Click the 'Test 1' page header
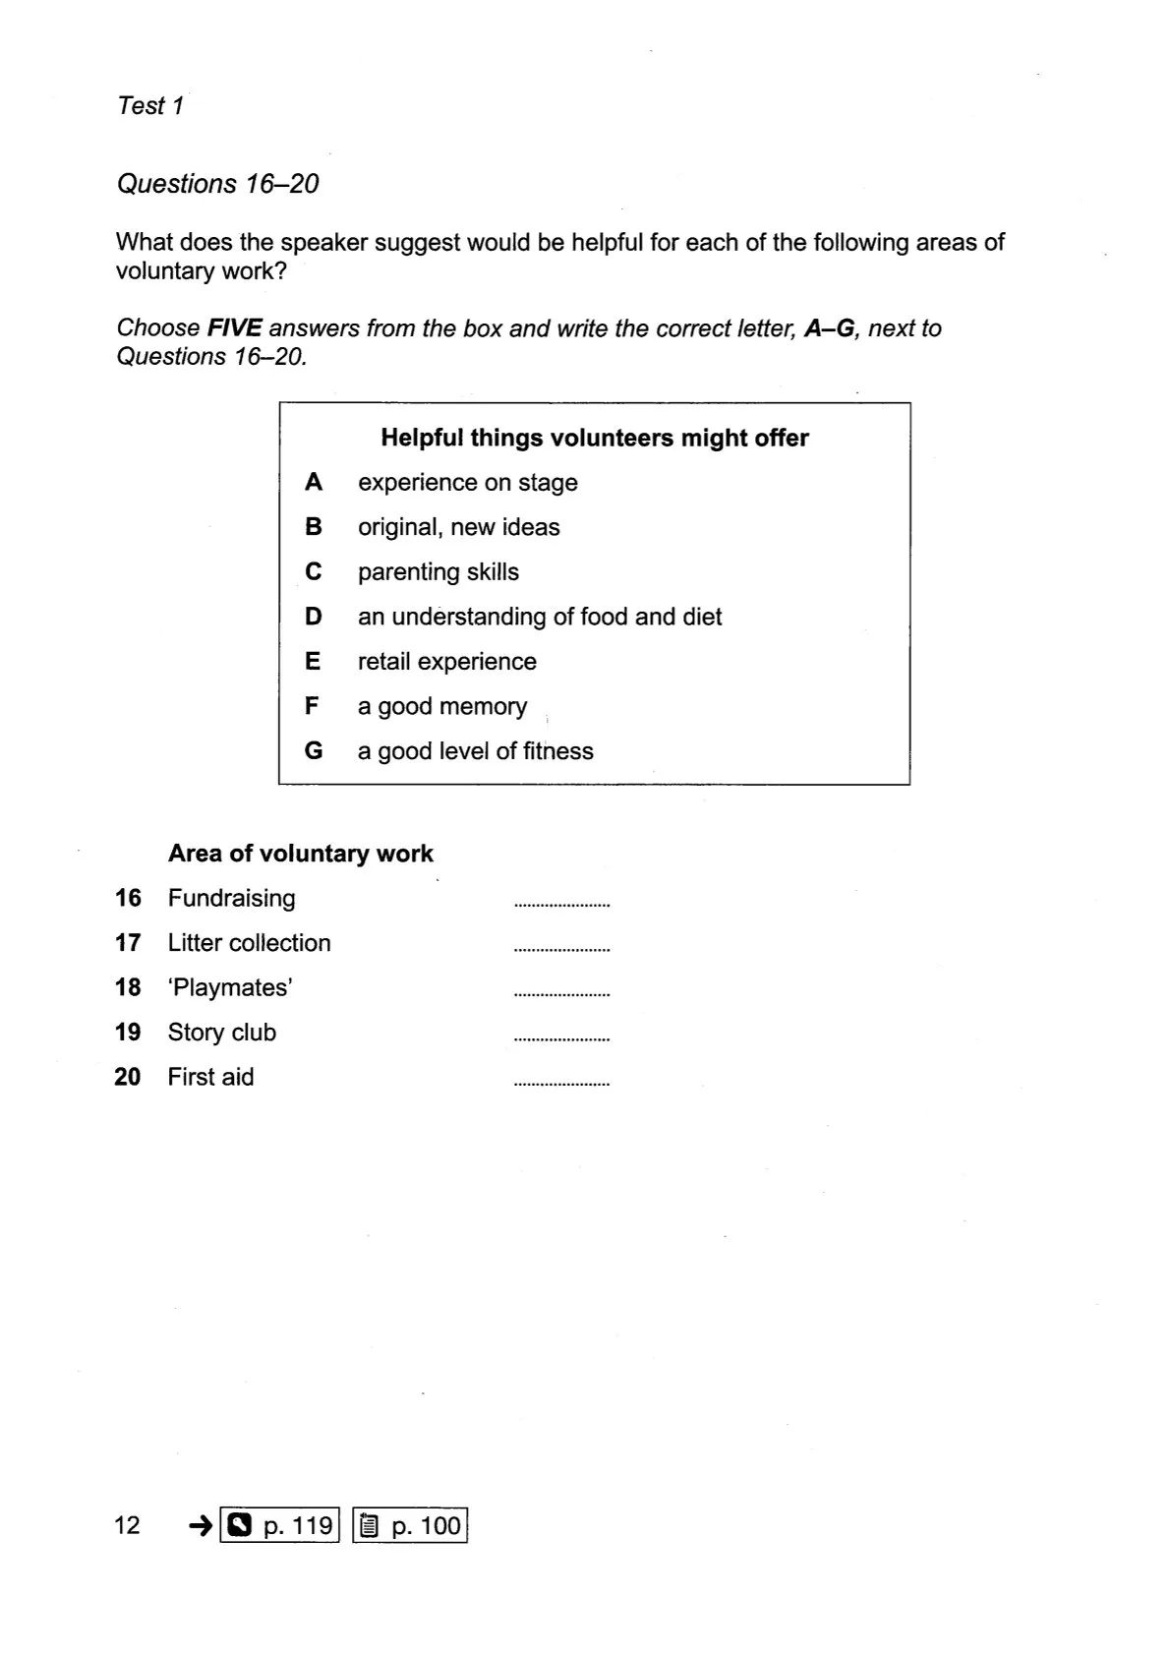click(150, 105)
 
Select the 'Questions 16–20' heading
click(217, 184)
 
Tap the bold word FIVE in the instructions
click(234, 328)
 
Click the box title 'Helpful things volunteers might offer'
click(594, 438)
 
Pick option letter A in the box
click(314, 482)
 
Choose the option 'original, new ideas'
click(458, 527)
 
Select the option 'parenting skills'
click(438, 571)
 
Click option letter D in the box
click(314, 617)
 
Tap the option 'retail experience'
click(446, 661)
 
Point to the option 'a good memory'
click(441, 706)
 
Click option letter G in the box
click(314, 751)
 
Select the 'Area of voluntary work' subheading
click(300, 853)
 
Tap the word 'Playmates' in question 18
click(232, 987)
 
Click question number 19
click(128, 1032)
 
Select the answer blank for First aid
click(561, 1080)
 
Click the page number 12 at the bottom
click(128, 1525)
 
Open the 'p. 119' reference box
click(280, 1525)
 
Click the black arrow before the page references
click(201, 1525)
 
